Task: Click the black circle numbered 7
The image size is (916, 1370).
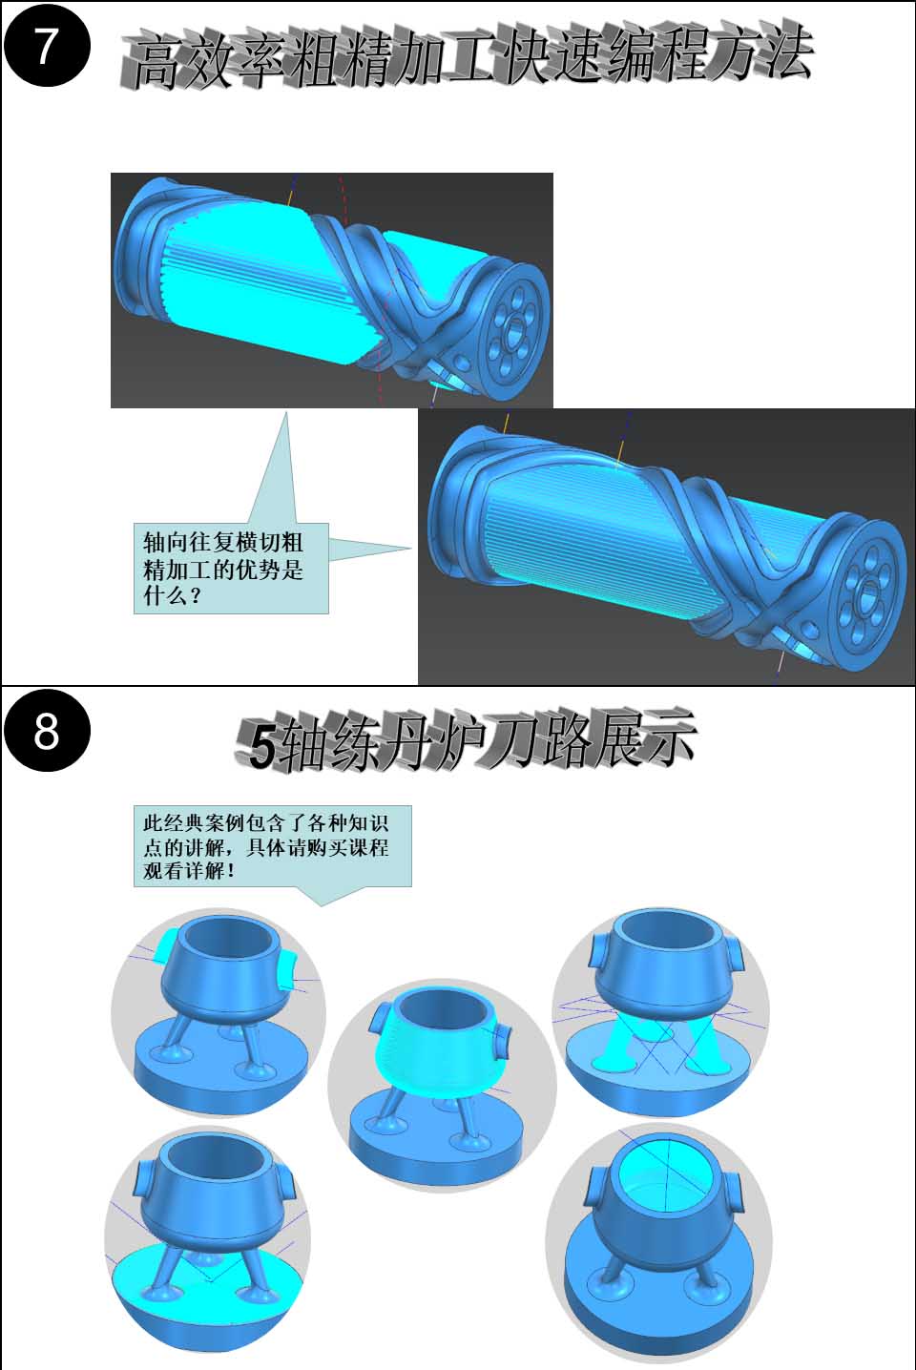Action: coord(47,47)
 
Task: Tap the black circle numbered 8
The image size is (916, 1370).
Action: coord(47,731)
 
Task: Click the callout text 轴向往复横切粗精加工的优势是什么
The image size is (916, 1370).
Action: coord(223,570)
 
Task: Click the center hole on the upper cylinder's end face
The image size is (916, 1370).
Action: coord(516,328)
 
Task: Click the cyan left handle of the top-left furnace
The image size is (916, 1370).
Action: coord(166,944)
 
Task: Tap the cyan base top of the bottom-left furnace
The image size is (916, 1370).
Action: coord(208,1272)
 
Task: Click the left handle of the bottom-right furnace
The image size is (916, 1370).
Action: coord(594,1188)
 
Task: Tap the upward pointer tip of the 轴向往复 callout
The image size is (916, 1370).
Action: coord(285,412)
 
